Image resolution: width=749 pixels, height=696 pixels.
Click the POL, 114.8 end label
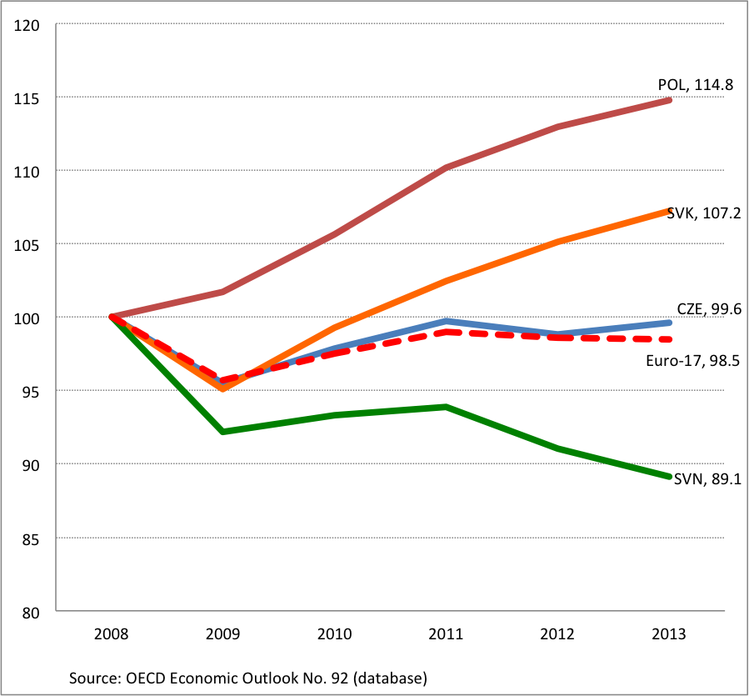click(x=696, y=84)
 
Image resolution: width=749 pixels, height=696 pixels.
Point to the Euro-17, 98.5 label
click(x=694, y=360)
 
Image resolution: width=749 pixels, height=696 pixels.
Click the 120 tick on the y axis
click(x=29, y=24)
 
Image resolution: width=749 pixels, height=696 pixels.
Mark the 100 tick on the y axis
click(x=29, y=318)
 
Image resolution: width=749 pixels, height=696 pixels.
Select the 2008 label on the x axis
click(x=112, y=633)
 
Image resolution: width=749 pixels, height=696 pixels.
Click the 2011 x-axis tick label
click(x=446, y=633)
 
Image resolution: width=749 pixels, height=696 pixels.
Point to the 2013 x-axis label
click(x=669, y=633)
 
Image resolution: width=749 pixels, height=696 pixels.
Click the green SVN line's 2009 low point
click(x=223, y=432)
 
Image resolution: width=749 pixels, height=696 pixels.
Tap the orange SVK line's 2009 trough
click(x=223, y=388)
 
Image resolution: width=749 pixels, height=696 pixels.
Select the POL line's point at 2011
click(x=447, y=168)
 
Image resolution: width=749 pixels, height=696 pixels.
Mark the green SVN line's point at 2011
click(x=447, y=407)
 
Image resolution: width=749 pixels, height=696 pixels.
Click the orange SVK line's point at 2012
click(x=557, y=242)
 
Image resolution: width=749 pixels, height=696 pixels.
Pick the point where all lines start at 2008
click(x=112, y=317)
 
